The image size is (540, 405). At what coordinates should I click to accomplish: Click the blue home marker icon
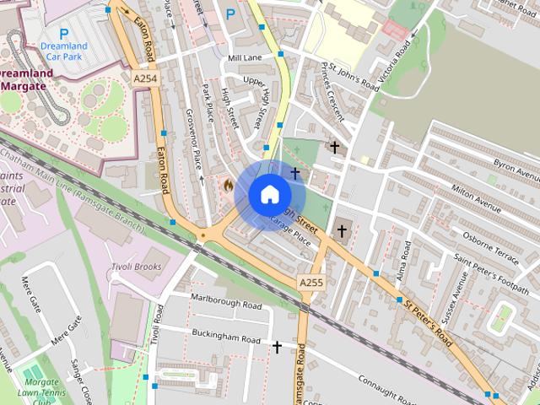(268, 194)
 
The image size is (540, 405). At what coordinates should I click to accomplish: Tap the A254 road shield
(145, 78)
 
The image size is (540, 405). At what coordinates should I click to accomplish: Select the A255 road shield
(310, 283)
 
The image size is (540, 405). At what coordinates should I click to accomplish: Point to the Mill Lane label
(245, 57)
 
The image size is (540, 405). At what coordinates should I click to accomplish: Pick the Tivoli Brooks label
(136, 267)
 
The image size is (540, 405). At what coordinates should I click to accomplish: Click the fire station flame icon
(228, 183)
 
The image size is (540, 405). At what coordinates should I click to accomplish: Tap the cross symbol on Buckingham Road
(277, 346)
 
